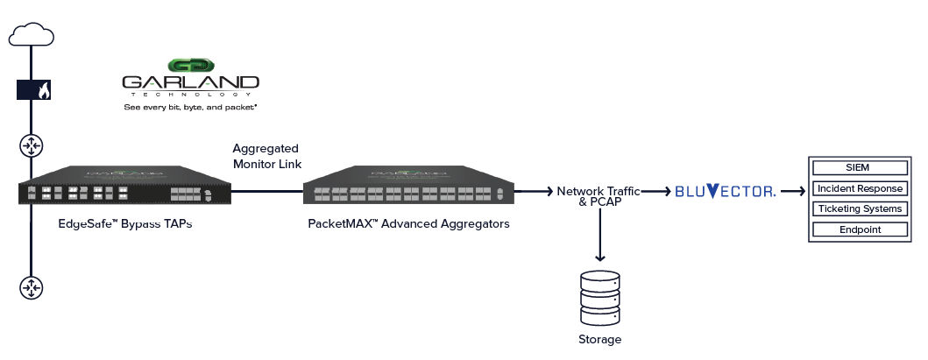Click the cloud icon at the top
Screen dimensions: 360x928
pyautogui.click(x=32, y=34)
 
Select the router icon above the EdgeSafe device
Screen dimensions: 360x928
pyautogui.click(x=32, y=146)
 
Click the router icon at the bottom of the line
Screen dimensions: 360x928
pyautogui.click(x=32, y=287)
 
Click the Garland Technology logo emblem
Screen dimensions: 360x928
pyautogui.click(x=191, y=66)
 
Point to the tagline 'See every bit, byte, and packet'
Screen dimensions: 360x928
pyautogui.click(x=190, y=107)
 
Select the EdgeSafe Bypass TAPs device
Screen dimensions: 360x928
pyautogui.click(x=124, y=187)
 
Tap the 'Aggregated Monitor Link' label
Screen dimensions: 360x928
pyautogui.click(x=266, y=156)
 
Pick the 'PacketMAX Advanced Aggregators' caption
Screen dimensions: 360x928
pyautogui.click(x=408, y=224)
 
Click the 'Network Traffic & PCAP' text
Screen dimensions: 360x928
pyautogui.click(x=598, y=196)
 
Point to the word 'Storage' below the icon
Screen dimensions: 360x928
pyautogui.click(x=600, y=340)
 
